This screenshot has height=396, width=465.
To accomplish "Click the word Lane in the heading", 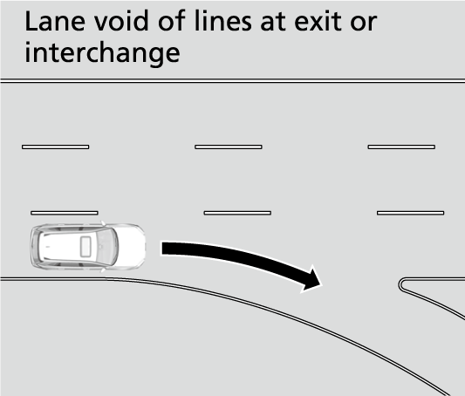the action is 55,21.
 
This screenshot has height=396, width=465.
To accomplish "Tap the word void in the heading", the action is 122,21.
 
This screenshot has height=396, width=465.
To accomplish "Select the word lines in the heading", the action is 222,21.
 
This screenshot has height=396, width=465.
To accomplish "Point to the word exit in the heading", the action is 318,21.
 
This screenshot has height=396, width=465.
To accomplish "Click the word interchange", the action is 102,52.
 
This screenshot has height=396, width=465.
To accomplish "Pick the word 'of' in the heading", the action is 172,21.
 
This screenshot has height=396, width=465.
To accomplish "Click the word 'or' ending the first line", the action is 364,24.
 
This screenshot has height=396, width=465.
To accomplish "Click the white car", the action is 88,246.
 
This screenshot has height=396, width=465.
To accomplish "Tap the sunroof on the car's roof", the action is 85,247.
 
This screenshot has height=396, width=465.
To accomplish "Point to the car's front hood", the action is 131,247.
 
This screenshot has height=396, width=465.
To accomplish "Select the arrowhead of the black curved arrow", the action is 311,279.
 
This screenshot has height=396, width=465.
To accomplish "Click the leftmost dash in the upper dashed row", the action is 56,147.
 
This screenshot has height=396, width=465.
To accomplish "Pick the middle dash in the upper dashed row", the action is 229,147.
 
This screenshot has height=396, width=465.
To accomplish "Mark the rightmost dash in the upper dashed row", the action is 401,147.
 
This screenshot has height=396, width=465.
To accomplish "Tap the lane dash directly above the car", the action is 65,213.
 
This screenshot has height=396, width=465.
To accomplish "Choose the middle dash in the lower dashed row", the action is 237,213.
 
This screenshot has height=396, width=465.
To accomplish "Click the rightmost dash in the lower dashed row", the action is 410,213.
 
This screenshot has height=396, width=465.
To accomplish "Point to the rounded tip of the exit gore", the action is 400,285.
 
